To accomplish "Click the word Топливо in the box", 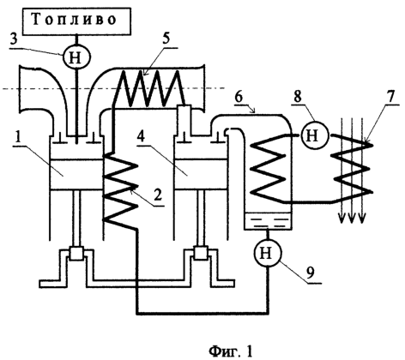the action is click(x=74, y=20).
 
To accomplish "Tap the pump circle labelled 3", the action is click(x=76, y=57).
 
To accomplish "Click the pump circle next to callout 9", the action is click(x=268, y=252).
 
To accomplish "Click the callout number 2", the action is click(x=156, y=195).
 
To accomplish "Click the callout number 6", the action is click(x=239, y=98).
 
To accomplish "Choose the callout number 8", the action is click(x=298, y=97).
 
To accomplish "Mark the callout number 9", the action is click(x=310, y=272).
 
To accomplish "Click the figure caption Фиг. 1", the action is click(x=231, y=351).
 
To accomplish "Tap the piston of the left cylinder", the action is click(x=76, y=174).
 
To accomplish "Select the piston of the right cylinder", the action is click(x=201, y=174).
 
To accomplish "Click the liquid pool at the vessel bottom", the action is click(x=268, y=221).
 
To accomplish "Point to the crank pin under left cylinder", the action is click(x=76, y=253).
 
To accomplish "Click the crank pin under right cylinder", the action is click(x=201, y=253).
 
